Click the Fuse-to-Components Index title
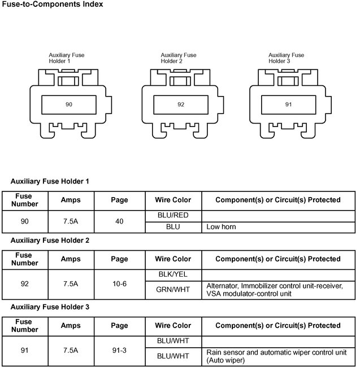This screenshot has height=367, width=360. click(52, 5)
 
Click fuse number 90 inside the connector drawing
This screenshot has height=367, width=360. click(69, 104)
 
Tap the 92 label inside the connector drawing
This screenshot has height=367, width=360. click(181, 104)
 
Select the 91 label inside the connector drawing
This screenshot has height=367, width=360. click(289, 104)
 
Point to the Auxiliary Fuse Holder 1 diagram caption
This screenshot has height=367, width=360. click(67, 58)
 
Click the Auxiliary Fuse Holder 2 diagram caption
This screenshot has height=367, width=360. click(179, 58)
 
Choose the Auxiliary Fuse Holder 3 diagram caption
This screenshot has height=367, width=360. click(286, 58)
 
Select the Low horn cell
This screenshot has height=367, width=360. click(222, 227)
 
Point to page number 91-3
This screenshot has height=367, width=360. click(119, 350)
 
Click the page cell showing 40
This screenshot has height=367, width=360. click(119, 221)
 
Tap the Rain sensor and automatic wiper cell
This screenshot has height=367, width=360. click(277, 356)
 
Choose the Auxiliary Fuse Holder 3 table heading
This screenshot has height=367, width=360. click(50, 307)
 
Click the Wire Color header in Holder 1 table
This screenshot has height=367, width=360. click(173, 200)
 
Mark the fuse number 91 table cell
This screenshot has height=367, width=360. click(24, 350)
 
